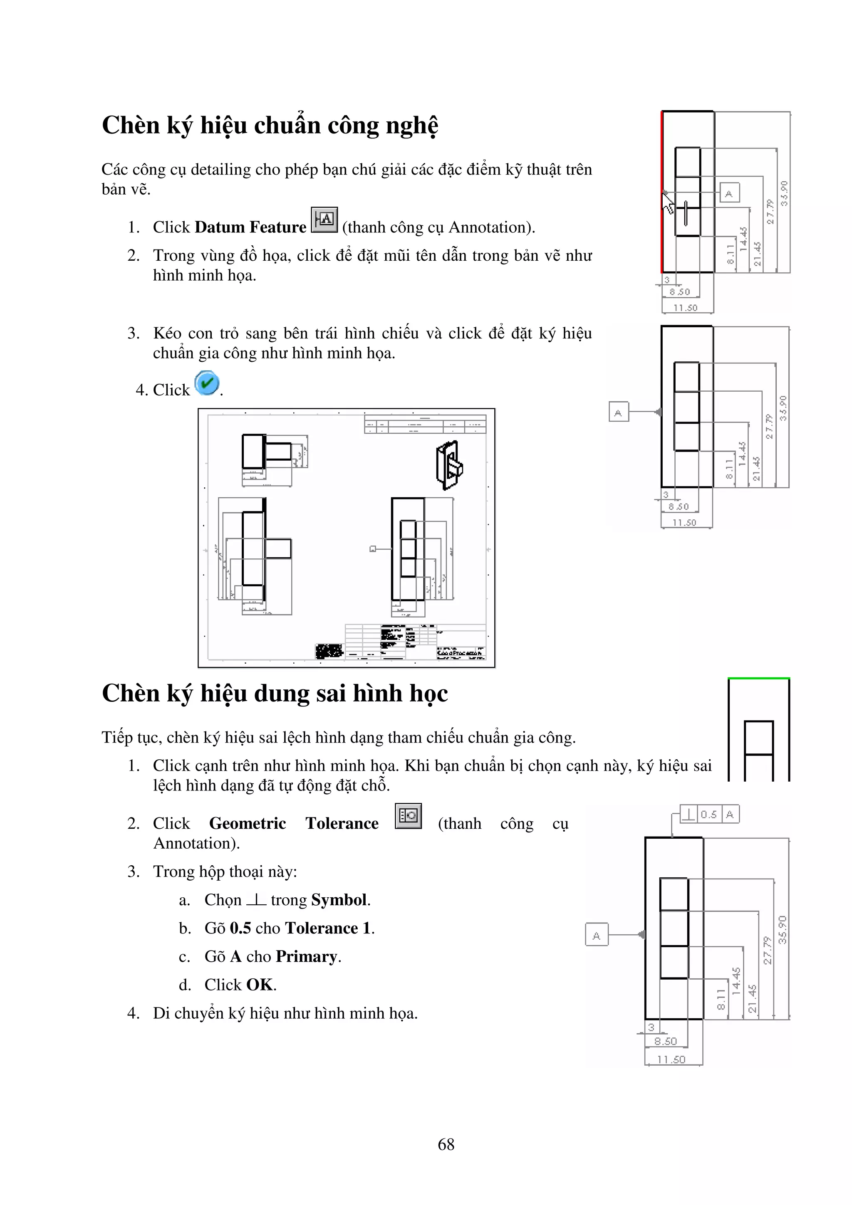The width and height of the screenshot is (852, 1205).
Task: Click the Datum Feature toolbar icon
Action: tap(324, 220)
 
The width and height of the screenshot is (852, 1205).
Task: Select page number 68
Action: tap(446, 1144)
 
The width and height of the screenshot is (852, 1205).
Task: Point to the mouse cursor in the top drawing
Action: tap(668, 202)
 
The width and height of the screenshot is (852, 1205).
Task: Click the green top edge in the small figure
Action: tap(758, 679)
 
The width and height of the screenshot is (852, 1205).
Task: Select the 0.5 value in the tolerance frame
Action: tap(709, 814)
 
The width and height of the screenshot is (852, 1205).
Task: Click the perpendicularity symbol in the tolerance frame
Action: tap(688, 814)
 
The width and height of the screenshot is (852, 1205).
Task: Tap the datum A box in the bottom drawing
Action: tap(596, 934)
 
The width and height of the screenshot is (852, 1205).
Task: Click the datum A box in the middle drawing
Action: tap(618, 412)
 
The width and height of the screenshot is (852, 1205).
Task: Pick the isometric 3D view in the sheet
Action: tap(449, 465)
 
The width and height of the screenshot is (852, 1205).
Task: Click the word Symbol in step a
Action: tap(339, 899)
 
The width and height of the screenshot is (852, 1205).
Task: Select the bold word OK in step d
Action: tap(260, 985)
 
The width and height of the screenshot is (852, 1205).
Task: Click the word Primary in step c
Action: tap(307, 956)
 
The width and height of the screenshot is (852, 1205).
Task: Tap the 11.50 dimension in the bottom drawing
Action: tap(672, 1059)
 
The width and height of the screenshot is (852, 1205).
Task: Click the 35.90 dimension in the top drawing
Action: tap(784, 193)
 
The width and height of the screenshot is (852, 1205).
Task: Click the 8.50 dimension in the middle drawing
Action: tap(678, 506)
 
